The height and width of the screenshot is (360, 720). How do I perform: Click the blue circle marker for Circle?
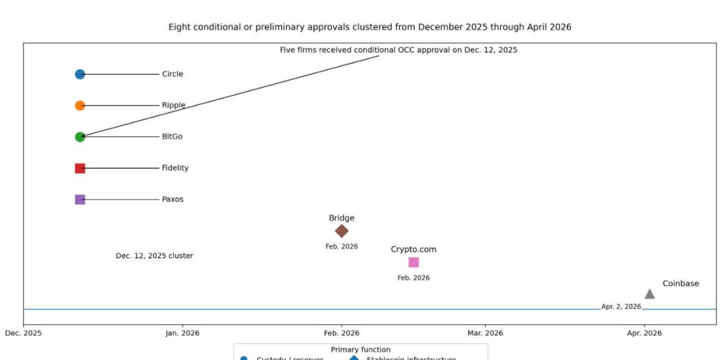tap(80, 74)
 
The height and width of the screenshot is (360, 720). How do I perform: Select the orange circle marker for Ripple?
tap(80, 105)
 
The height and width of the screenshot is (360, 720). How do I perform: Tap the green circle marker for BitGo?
tap(80, 136)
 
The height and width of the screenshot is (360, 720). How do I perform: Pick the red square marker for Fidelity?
tap(80, 168)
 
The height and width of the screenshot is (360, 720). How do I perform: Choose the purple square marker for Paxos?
tap(80, 199)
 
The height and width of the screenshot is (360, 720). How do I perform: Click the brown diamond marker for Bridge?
tap(342, 231)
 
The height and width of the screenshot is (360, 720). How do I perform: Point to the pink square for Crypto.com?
tap(414, 262)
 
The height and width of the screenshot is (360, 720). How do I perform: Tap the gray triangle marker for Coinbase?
tap(649, 294)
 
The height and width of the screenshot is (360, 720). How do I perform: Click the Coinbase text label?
tap(681, 284)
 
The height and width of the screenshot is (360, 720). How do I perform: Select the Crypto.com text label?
tap(414, 249)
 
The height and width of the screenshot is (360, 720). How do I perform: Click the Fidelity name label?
tap(175, 168)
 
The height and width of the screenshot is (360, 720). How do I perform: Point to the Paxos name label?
tap(172, 199)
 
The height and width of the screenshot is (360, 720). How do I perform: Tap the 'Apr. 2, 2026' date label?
tap(621, 307)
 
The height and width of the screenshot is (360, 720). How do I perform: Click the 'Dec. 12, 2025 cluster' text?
tap(154, 256)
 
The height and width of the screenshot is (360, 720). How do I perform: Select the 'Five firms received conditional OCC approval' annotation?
tap(399, 50)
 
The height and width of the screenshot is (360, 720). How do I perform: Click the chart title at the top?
tap(369, 27)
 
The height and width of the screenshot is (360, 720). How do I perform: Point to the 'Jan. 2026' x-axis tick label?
tap(183, 333)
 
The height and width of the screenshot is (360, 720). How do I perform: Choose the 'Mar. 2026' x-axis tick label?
tap(485, 333)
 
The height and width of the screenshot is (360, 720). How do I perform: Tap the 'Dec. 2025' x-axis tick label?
tap(23, 333)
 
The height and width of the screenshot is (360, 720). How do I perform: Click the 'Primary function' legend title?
tap(361, 349)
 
